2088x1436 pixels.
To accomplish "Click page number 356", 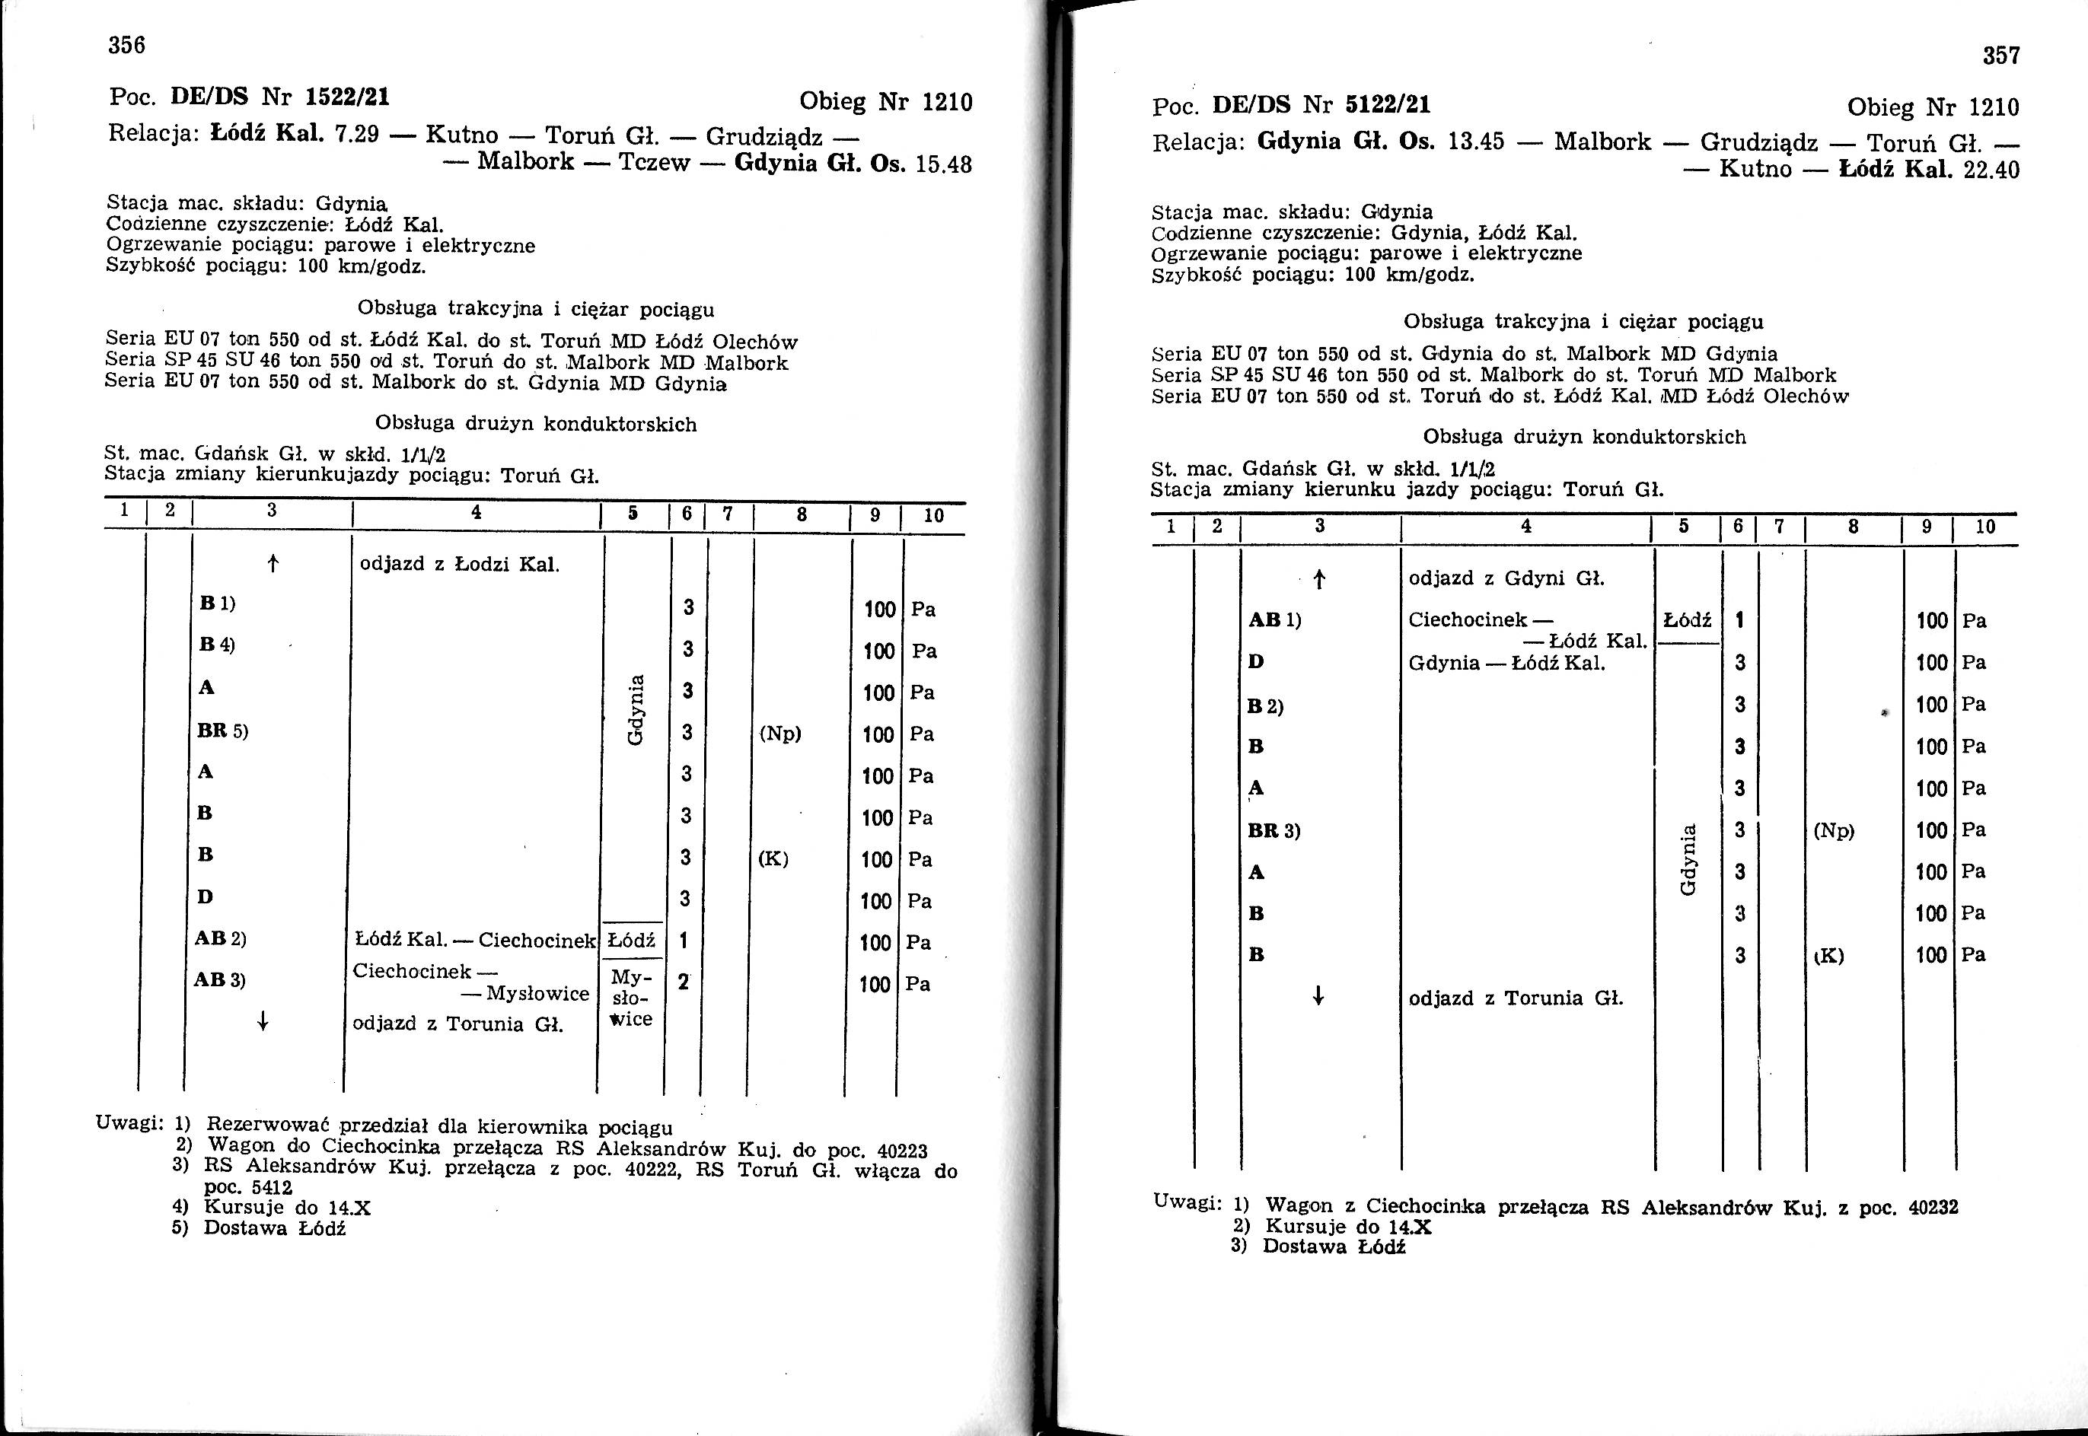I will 127,45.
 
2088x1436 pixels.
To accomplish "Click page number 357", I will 2001,56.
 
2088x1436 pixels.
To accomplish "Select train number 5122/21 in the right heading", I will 1387,107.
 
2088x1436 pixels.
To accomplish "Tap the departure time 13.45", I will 1475,142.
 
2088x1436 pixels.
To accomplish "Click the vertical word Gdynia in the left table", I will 636,711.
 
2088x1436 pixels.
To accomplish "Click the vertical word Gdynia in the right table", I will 1688,861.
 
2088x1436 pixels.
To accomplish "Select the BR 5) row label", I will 222,731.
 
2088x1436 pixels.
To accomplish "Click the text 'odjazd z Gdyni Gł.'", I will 1506,578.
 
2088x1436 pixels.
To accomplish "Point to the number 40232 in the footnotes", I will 1932,1208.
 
